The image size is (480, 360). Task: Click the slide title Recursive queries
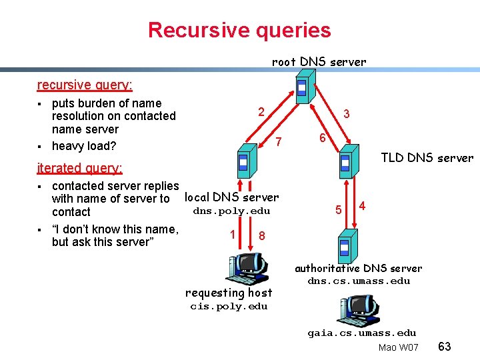click(x=239, y=30)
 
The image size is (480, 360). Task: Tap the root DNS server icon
click(x=302, y=87)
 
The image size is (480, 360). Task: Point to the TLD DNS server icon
click(x=345, y=162)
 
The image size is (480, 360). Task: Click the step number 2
click(x=263, y=111)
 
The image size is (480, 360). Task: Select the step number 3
click(x=346, y=114)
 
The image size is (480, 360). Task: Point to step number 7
click(x=279, y=141)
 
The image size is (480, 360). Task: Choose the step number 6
click(x=321, y=138)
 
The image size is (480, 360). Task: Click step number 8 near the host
click(x=262, y=236)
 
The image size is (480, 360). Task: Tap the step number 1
click(x=232, y=234)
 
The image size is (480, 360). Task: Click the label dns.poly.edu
click(x=231, y=211)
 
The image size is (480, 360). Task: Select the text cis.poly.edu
click(x=229, y=307)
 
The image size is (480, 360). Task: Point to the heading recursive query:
click(x=85, y=85)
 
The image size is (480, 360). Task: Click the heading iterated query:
click(x=80, y=168)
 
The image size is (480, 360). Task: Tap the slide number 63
click(x=445, y=347)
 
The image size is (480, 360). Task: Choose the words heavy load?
click(x=84, y=146)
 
